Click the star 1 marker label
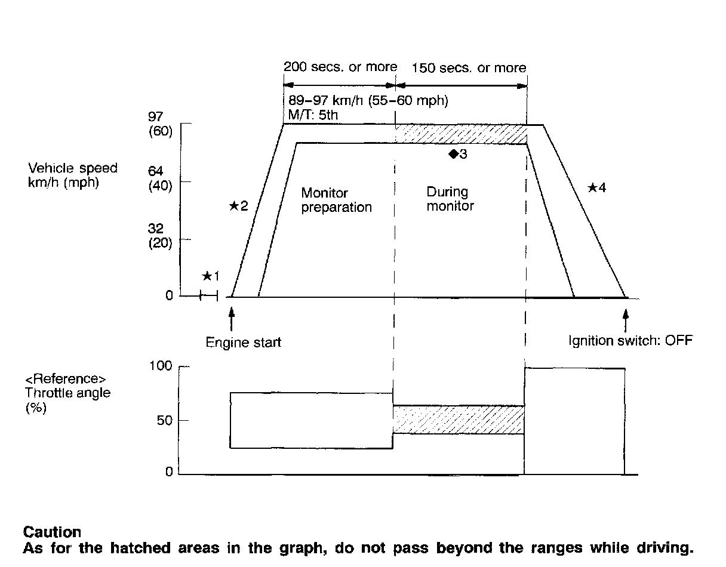coord(211,276)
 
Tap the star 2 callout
coord(238,207)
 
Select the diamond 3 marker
coord(457,154)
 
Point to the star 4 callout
coord(596,188)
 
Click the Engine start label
coord(243,343)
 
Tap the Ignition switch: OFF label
coord(630,341)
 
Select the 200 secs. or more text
coord(340,67)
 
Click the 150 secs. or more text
coord(469,68)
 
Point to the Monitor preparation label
coord(336,200)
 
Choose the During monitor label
coord(450,199)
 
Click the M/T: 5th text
coord(312,114)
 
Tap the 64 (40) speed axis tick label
coord(160,178)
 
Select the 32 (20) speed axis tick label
coord(160,236)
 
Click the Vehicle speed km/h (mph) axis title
coord(73,175)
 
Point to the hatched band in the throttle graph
coord(458,420)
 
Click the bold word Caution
coord(52,531)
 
